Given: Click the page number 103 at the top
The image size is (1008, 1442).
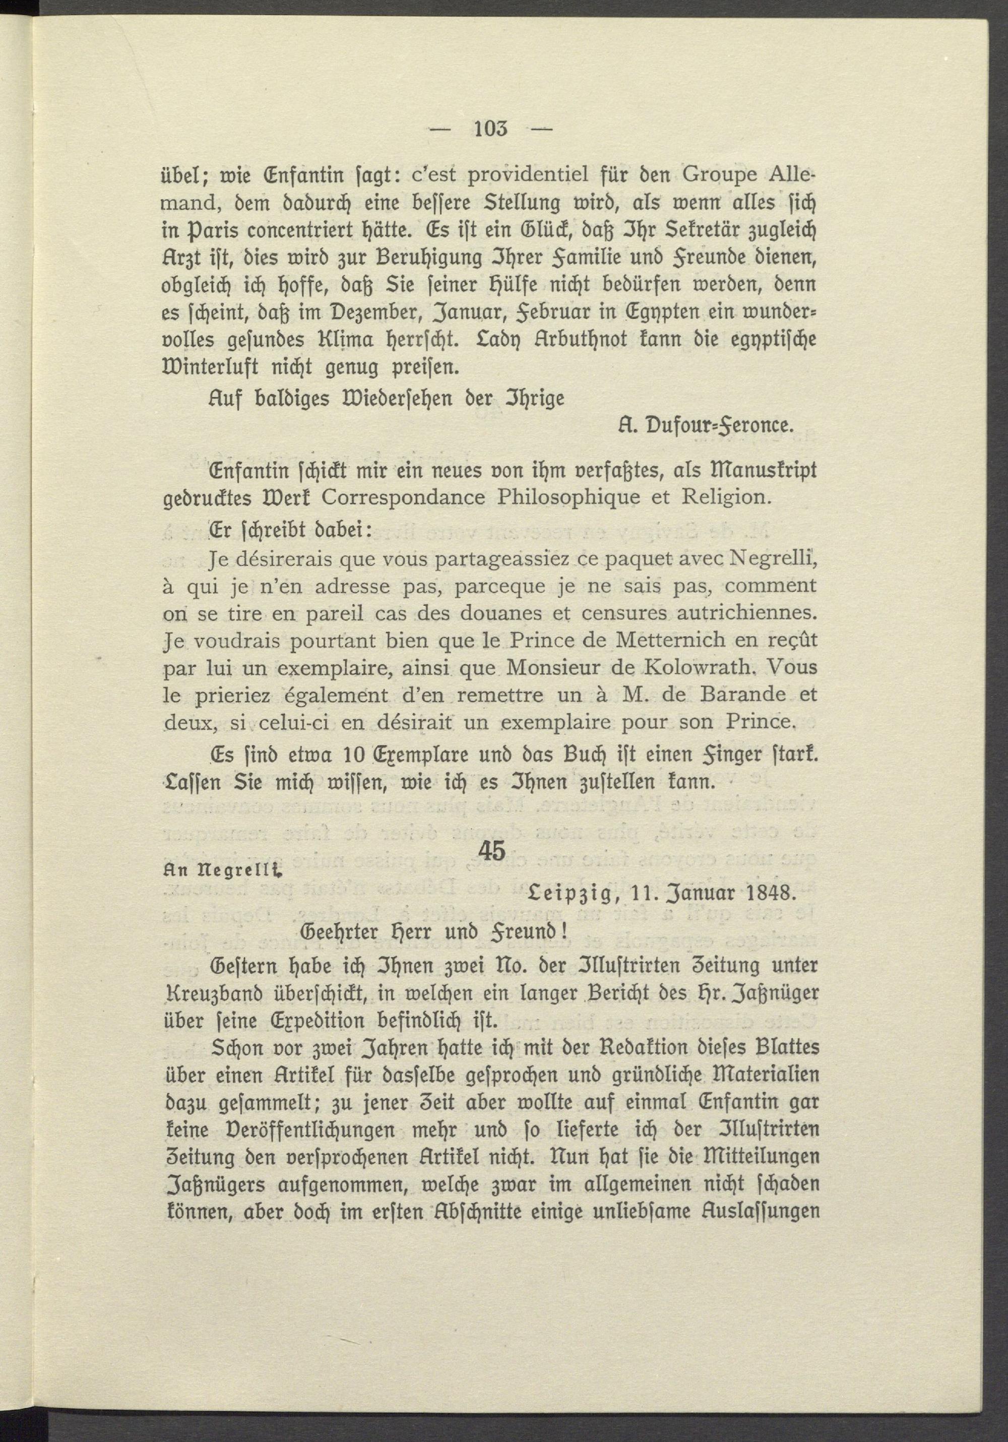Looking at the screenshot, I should [490, 130].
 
